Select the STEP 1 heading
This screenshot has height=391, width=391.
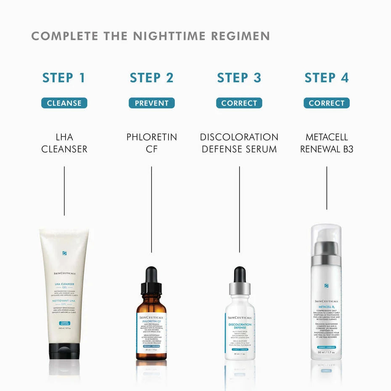point(64,78)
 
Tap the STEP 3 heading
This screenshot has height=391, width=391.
point(239,78)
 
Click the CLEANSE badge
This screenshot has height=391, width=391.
point(64,103)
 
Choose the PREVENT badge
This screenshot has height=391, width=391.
point(151,103)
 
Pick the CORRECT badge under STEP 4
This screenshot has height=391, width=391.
point(326,103)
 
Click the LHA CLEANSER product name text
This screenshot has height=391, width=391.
point(64,143)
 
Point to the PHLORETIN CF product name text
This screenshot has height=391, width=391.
point(151,143)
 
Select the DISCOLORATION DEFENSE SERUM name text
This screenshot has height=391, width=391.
point(239,143)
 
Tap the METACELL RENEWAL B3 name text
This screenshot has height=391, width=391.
point(326,143)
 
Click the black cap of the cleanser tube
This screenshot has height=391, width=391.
point(64,351)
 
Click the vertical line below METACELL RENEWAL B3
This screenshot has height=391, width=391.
point(327,188)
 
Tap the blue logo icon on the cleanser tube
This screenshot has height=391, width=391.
point(64,253)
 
